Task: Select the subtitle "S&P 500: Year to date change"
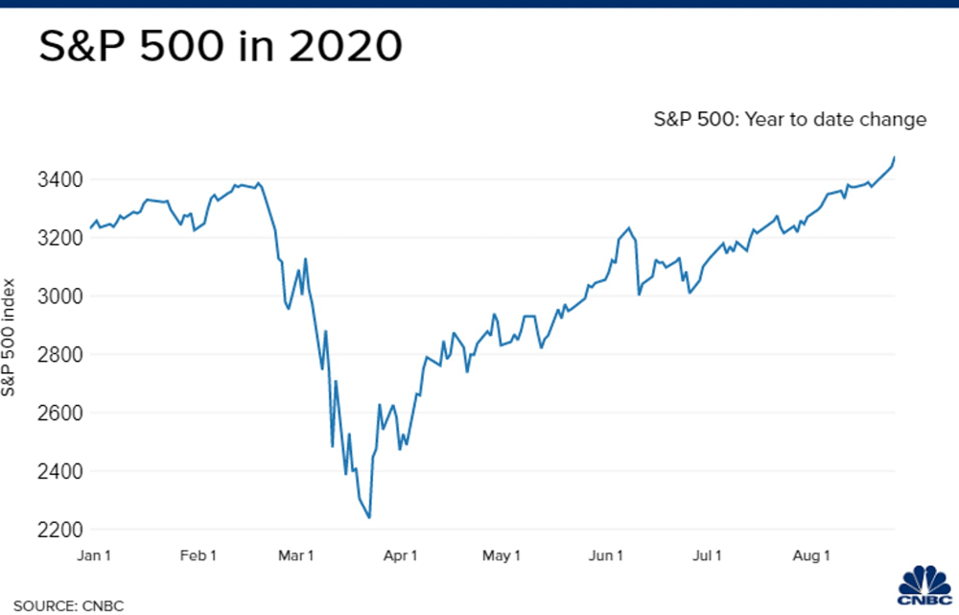pyautogui.click(x=790, y=120)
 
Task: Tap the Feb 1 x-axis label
pyautogui.click(x=199, y=556)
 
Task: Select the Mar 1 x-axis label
pyautogui.click(x=296, y=556)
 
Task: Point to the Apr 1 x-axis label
pyautogui.click(x=401, y=556)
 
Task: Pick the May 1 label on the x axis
pyautogui.click(x=502, y=556)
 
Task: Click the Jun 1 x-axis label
pyautogui.click(x=606, y=556)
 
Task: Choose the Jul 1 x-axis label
pyautogui.click(x=708, y=556)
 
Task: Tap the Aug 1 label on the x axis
pyautogui.click(x=812, y=556)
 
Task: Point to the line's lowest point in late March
pyautogui.click(x=369, y=518)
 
